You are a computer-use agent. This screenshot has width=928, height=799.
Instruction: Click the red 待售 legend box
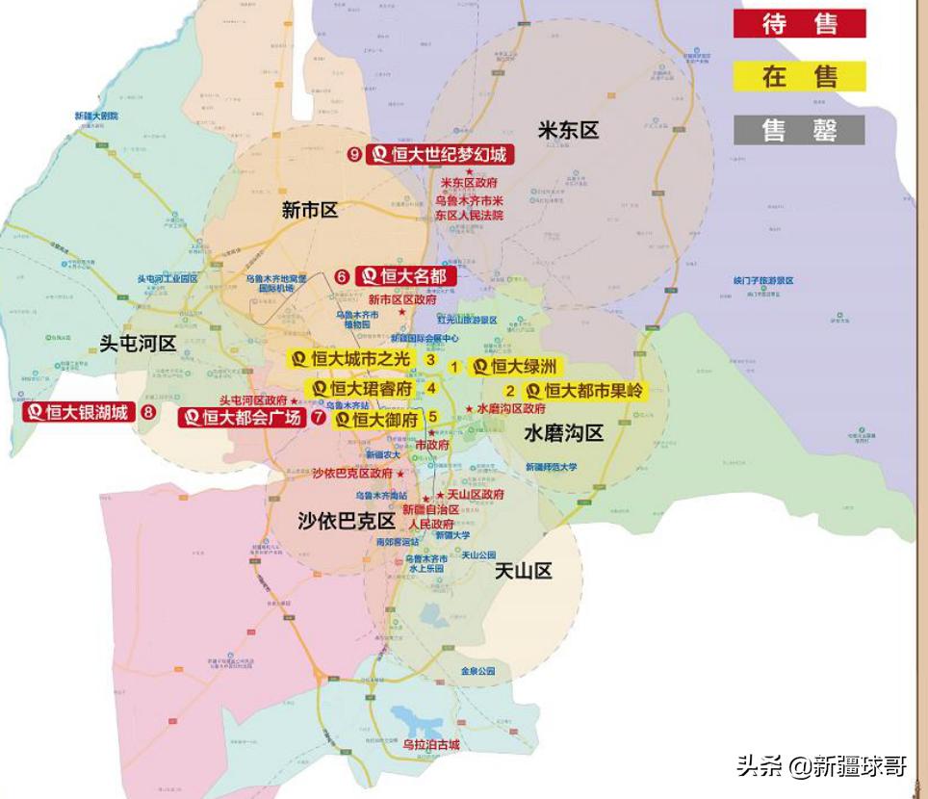pyautogui.click(x=799, y=24)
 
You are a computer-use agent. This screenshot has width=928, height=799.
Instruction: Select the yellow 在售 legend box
pyautogui.click(x=799, y=76)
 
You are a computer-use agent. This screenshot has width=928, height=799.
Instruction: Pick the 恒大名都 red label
pyautogui.click(x=405, y=276)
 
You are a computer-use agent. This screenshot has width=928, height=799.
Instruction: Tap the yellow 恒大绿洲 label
pyautogui.click(x=514, y=367)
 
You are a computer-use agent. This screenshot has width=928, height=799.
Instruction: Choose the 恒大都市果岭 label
pyautogui.click(x=584, y=391)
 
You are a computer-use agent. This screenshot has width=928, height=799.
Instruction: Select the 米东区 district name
pyautogui.click(x=568, y=131)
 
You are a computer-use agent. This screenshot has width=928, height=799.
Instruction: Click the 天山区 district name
pyautogui.click(x=524, y=571)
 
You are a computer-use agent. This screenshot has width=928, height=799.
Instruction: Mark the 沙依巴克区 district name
pyautogui.click(x=347, y=521)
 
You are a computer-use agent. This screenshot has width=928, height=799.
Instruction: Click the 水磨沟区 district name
pyautogui.click(x=563, y=434)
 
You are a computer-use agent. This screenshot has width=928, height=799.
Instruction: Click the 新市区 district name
pyautogui.click(x=310, y=211)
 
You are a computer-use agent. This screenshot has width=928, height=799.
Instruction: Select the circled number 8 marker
pyautogui.click(x=148, y=413)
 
